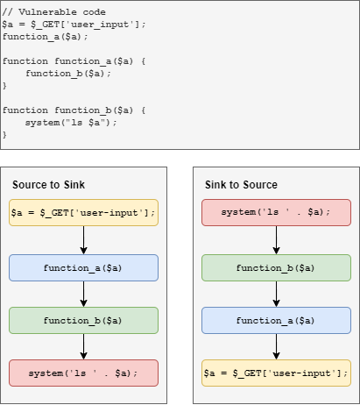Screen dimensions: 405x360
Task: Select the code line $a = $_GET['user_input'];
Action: point(74,24)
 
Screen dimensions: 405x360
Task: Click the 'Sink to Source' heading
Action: point(241,184)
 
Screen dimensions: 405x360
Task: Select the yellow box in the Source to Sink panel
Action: point(83,213)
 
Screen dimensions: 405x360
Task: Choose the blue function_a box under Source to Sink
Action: point(83,267)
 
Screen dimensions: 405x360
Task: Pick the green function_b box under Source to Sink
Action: point(83,319)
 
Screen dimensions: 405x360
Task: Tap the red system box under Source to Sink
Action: point(83,373)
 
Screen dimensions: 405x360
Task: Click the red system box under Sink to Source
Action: point(276,213)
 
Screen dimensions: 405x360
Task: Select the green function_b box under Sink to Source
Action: point(276,267)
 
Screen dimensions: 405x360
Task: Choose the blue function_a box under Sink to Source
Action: point(276,319)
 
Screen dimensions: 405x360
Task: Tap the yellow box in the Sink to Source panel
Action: point(276,373)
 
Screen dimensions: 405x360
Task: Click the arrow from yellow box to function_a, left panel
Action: point(83,240)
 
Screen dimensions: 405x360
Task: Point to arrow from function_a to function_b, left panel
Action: point(83,294)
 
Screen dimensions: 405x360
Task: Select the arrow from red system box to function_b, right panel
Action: point(276,240)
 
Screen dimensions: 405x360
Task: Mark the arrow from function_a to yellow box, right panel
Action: point(276,346)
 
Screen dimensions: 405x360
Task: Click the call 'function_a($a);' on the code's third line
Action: point(41,37)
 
